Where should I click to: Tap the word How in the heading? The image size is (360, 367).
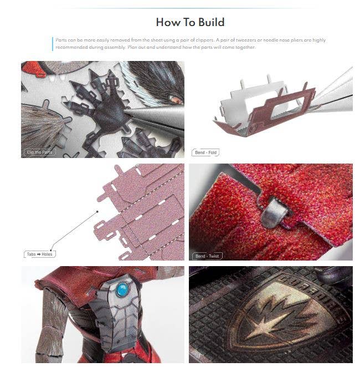167,22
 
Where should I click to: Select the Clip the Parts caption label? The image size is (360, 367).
40,152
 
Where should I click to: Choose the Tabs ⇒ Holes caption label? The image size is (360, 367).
39,254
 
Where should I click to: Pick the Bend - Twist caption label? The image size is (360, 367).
206,256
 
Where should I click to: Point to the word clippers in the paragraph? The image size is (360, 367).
198,40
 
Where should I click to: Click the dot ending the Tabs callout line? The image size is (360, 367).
97,211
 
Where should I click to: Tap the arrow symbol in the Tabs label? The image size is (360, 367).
39,254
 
